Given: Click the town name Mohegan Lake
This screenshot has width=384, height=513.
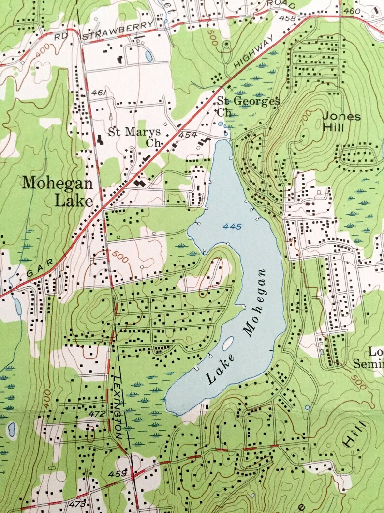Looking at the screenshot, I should pyautogui.click(x=57, y=191).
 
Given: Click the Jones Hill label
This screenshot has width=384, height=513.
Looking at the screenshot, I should pyautogui.click(x=341, y=122).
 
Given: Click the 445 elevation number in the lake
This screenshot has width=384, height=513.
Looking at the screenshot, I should pyautogui.click(x=233, y=227).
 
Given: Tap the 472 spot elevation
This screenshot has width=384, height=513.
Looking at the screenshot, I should pyautogui.click(x=97, y=413).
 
